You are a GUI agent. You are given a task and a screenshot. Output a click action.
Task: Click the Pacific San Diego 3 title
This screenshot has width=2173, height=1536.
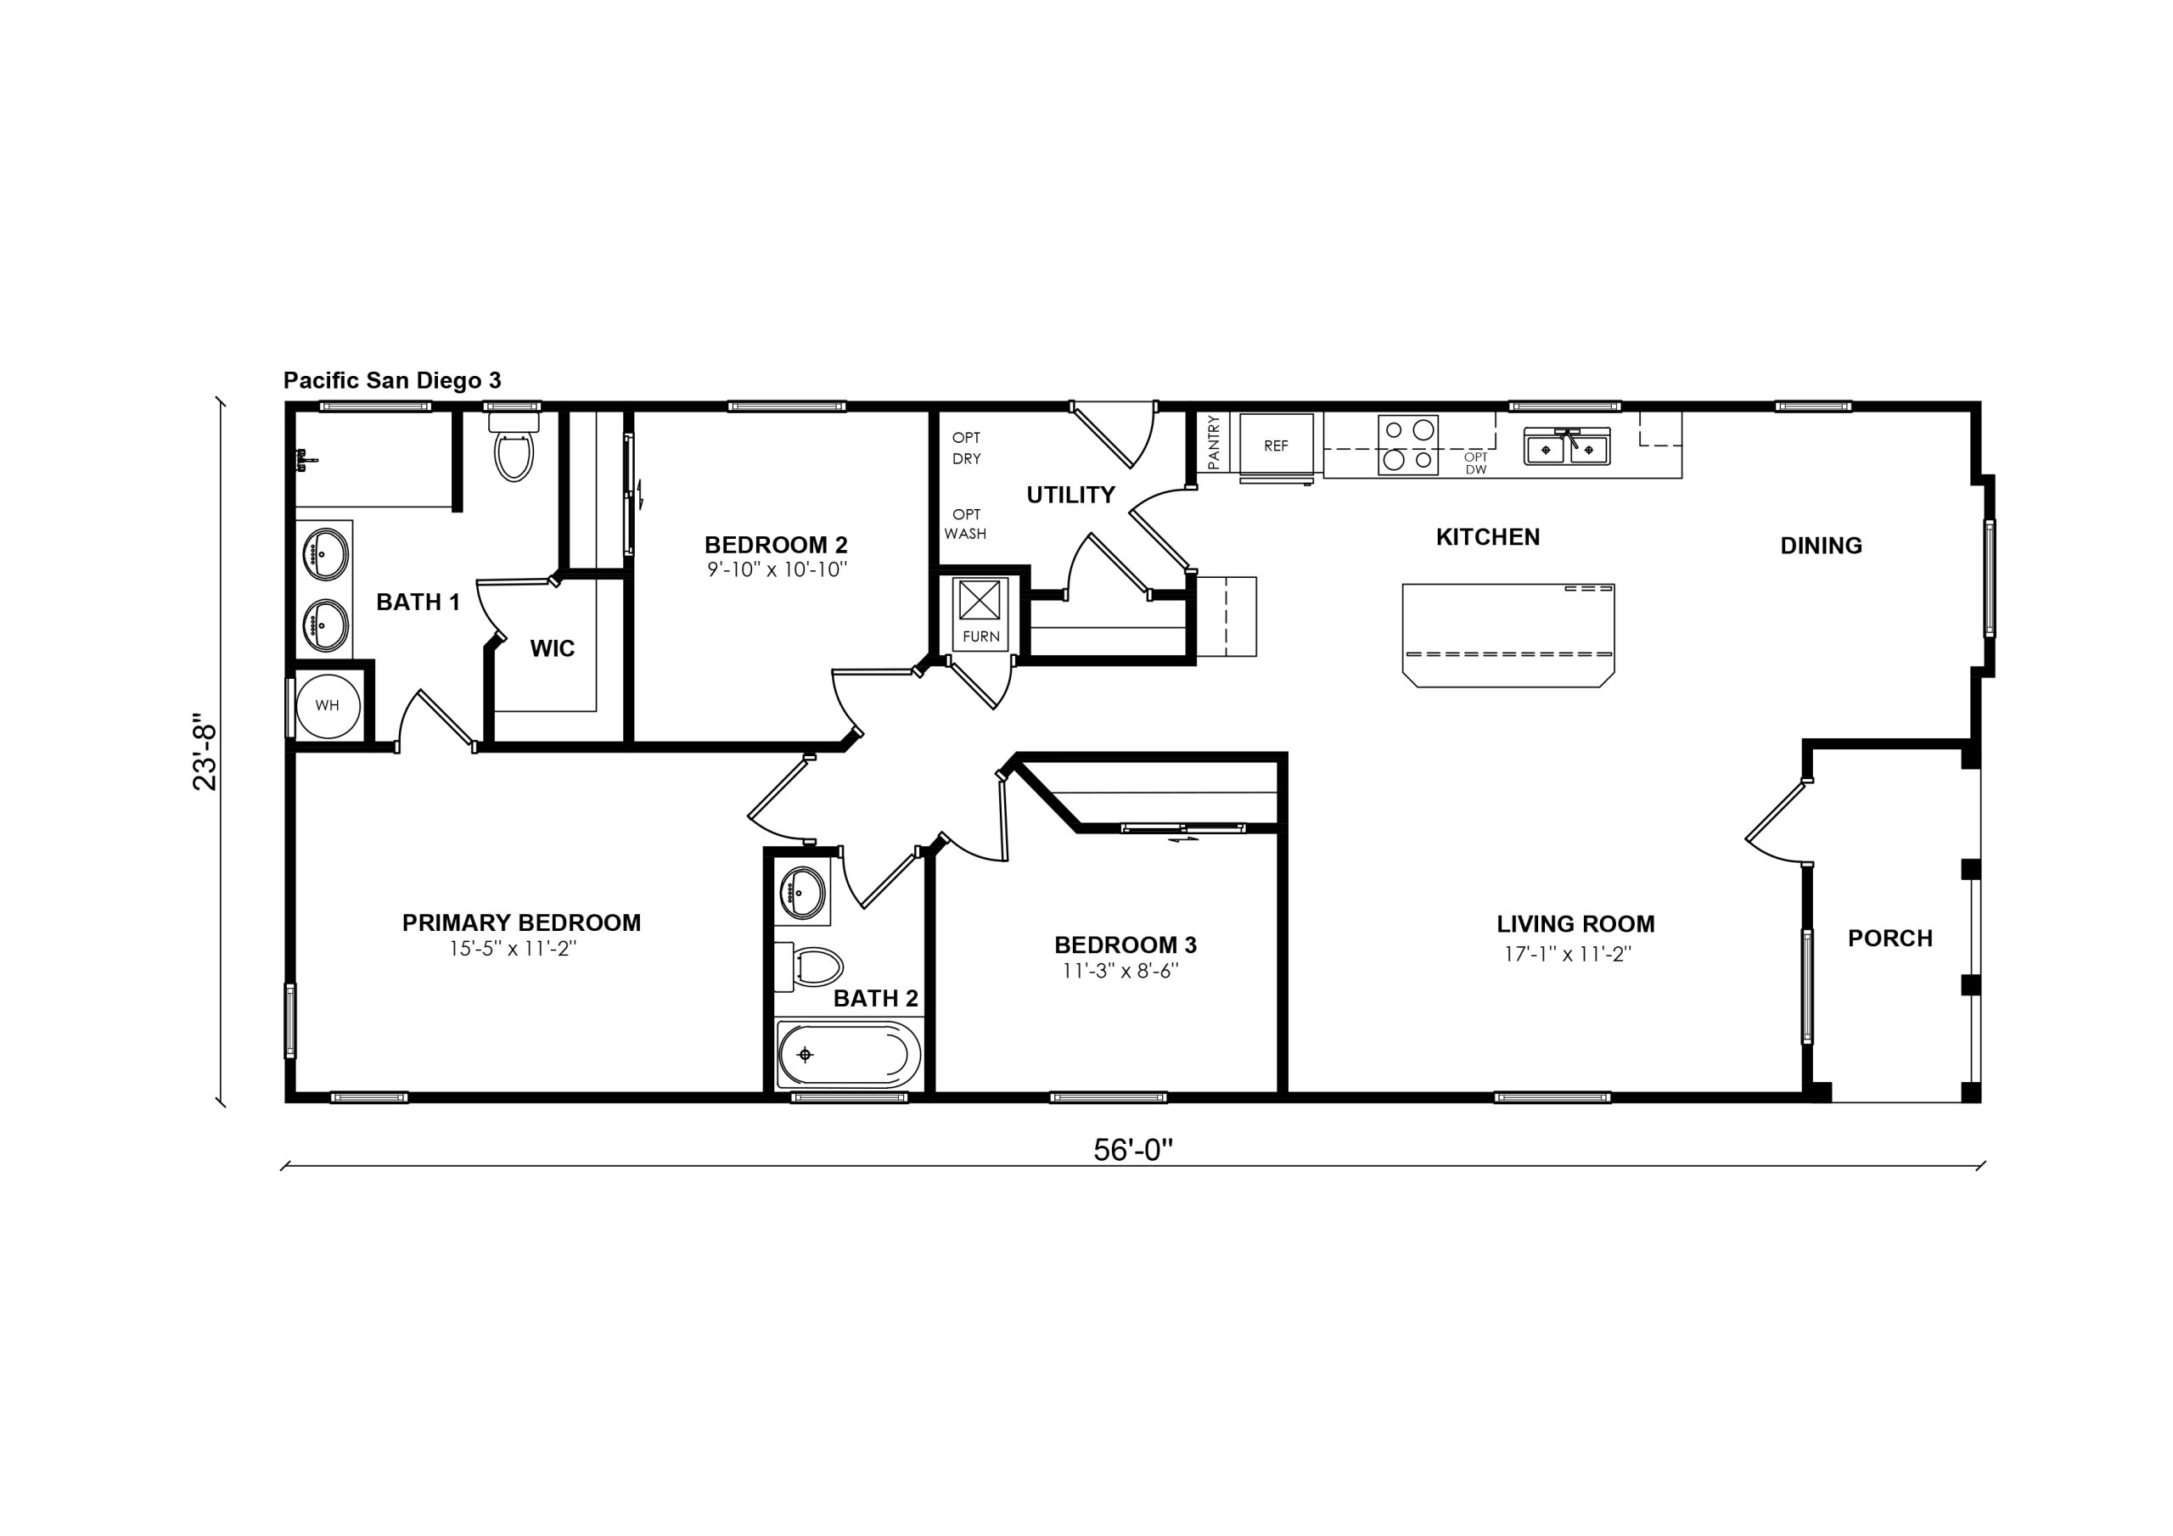coord(392,380)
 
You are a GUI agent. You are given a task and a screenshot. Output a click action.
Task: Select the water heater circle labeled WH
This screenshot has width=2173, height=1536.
coord(328,705)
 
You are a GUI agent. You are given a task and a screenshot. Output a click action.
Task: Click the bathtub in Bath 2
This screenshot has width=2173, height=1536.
coord(849,1054)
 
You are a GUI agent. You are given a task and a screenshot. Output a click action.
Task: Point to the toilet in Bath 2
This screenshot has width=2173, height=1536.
coord(809,967)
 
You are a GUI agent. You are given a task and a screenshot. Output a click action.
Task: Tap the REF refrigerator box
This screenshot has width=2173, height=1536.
coord(1276,446)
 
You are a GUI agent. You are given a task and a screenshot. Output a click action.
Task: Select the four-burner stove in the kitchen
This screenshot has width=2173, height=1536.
coord(1408,445)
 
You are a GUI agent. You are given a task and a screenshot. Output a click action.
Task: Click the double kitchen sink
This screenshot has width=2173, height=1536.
coord(1566,447)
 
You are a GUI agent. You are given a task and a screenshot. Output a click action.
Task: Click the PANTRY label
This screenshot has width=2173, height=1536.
coord(1215,442)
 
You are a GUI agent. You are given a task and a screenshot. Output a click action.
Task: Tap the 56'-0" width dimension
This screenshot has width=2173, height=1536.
coord(1133,1149)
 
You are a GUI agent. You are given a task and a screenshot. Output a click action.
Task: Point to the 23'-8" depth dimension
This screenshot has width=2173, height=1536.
coord(205,750)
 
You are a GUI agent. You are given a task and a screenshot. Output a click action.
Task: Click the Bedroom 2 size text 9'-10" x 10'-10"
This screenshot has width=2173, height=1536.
coord(777,569)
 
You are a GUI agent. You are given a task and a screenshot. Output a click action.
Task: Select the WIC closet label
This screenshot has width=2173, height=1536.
coord(552,648)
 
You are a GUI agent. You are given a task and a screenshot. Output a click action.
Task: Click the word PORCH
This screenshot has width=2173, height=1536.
coord(1890,938)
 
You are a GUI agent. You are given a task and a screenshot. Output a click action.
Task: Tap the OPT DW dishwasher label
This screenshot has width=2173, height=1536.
coord(1475,462)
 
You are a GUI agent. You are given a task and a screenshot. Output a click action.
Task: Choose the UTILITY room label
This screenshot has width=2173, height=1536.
coord(1070,495)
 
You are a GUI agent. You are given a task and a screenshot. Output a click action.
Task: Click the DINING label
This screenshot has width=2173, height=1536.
coord(1821,545)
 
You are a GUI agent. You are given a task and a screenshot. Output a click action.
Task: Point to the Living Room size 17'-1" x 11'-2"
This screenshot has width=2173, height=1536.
coord(1569,954)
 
